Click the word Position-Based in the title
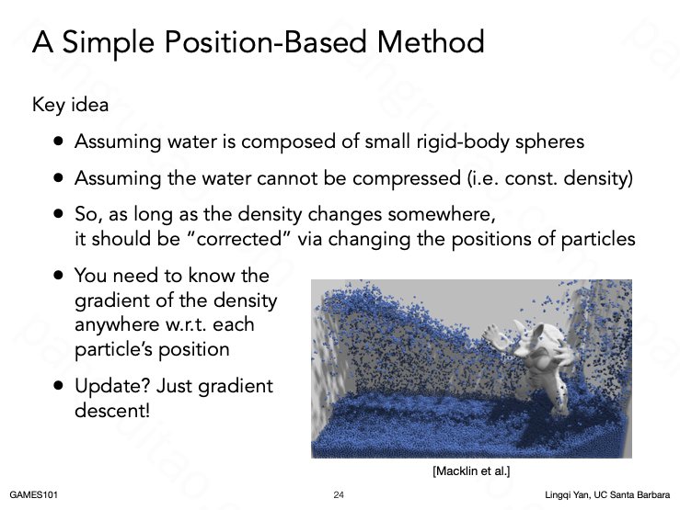(265, 42)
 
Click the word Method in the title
(431, 42)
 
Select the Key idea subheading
(70, 105)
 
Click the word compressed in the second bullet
(407, 179)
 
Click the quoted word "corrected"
(240, 239)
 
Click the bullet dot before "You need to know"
(59, 276)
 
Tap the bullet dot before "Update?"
(59, 386)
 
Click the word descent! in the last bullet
(112, 410)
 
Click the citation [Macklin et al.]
(471, 471)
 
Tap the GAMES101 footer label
(33, 495)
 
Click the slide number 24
(339, 495)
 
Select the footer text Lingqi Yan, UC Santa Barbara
(607, 495)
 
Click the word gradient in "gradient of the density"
(113, 301)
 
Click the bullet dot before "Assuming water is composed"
(59, 142)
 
